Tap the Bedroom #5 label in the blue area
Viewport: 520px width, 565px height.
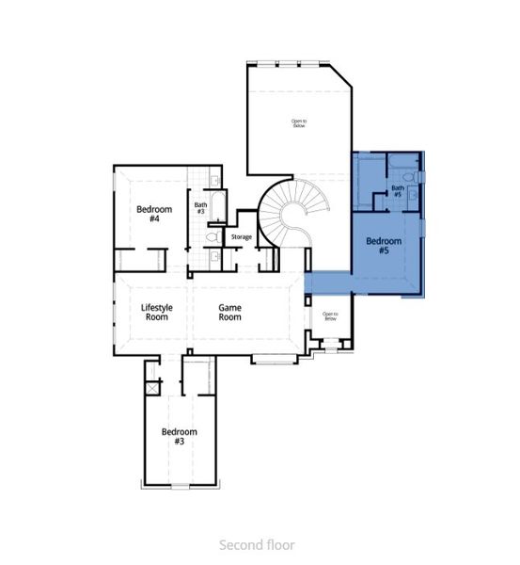click(383, 246)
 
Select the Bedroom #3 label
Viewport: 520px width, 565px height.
click(179, 436)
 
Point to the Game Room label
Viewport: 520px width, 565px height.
click(230, 312)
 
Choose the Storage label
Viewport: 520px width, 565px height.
click(242, 236)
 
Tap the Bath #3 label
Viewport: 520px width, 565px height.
click(200, 207)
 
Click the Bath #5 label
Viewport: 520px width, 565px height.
click(398, 191)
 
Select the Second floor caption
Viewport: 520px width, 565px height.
click(257, 544)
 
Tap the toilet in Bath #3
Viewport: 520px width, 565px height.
click(213, 237)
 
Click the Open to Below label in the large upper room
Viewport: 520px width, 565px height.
click(298, 122)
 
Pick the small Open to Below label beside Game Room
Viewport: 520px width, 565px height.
click(330, 316)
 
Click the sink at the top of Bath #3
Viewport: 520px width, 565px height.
click(214, 179)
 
